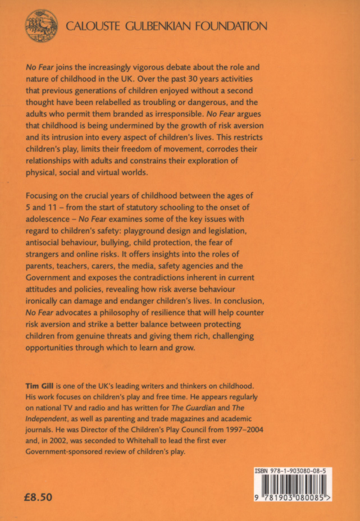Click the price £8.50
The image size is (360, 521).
pyautogui.click(x=40, y=497)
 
